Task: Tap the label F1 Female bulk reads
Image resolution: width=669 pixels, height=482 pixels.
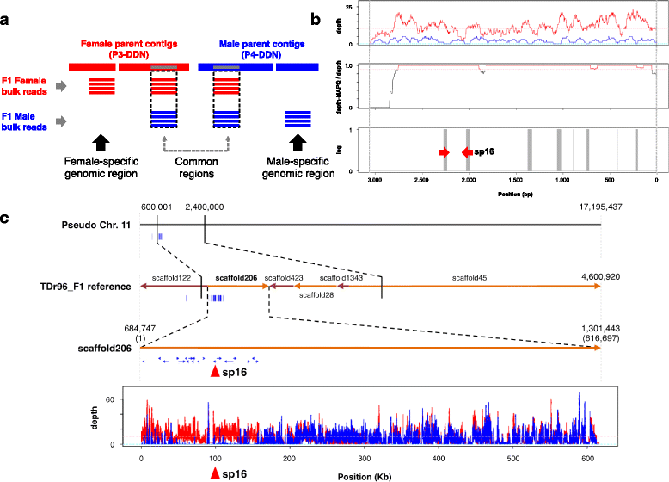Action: (26, 84)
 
